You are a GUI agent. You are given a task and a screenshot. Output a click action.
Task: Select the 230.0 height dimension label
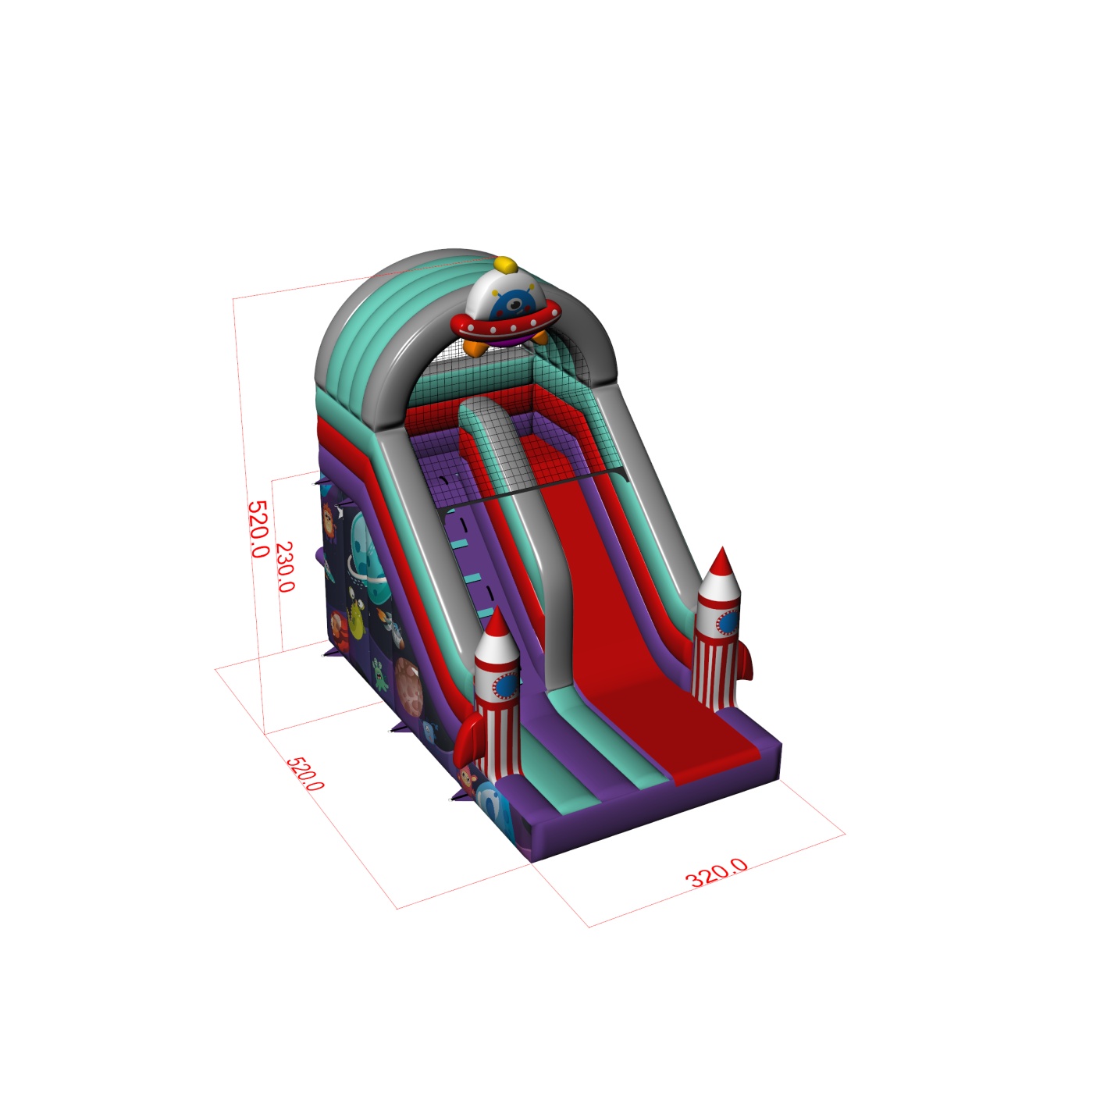pyautogui.click(x=285, y=567)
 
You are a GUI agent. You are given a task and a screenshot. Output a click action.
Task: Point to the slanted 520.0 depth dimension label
pyautogui.click(x=305, y=773)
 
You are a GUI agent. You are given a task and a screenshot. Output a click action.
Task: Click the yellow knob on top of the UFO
pyautogui.click(x=505, y=265)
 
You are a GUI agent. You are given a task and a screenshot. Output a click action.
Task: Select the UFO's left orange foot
pyautogui.click(x=475, y=347)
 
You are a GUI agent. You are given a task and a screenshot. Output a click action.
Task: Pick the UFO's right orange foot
pyautogui.click(x=540, y=337)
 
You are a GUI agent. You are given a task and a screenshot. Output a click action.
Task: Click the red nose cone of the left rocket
pyautogui.click(x=497, y=623)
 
